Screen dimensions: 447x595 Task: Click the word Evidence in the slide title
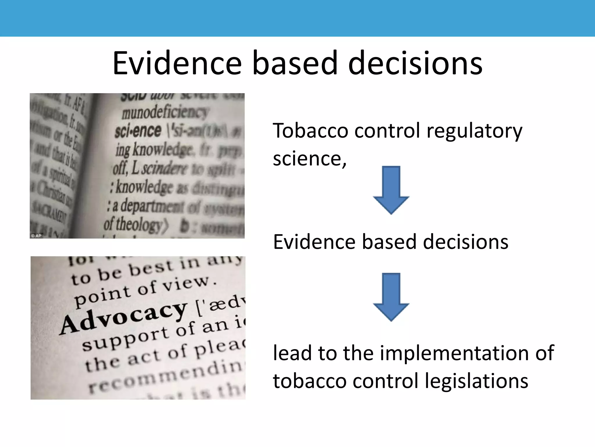(177, 63)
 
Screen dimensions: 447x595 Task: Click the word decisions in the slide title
(415, 63)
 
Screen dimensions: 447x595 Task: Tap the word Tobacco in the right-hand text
(310, 131)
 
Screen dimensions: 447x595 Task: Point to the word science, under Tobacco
(310, 159)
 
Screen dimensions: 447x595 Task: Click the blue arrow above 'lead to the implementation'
(391, 297)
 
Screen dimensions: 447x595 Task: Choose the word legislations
(476, 381)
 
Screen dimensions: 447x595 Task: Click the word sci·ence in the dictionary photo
(138, 130)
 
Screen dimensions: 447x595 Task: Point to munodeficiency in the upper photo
(165, 112)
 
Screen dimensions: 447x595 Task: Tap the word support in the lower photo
(125, 338)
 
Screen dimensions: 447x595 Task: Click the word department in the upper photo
(152, 206)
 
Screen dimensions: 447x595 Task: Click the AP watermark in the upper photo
(37, 235)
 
